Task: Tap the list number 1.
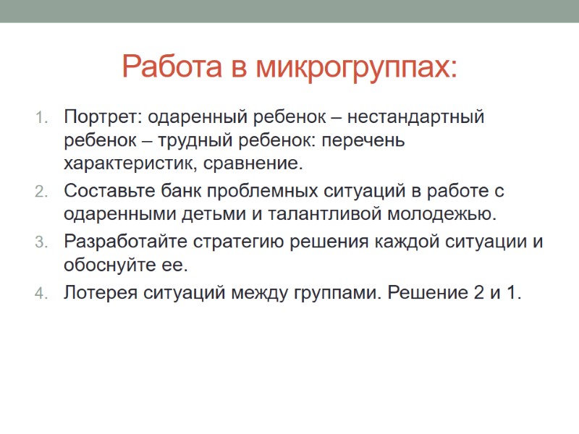41,118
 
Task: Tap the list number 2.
41,193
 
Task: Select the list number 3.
41,242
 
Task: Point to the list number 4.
41,294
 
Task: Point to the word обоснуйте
102,265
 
